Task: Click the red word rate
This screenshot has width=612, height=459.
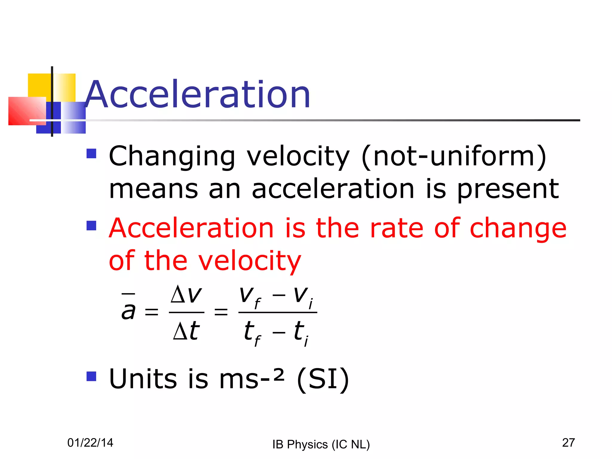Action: point(397,229)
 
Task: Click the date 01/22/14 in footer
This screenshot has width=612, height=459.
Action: point(90,443)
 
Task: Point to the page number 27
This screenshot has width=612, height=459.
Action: point(568,443)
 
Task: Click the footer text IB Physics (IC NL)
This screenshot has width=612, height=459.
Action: point(321,444)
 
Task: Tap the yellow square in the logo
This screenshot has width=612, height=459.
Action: point(39,85)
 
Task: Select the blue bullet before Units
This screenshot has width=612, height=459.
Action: point(91,376)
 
